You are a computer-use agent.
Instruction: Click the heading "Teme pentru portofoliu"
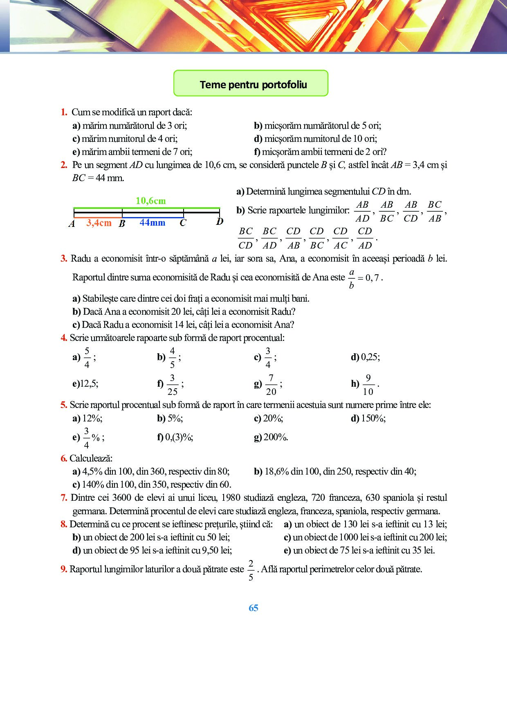click(253, 85)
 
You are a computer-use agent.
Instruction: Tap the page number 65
click(253, 608)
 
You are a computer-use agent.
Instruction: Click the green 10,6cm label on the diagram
click(150, 201)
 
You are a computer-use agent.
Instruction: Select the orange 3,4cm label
click(99, 223)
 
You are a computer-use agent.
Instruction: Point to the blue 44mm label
click(152, 223)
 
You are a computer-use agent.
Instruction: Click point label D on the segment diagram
click(220, 222)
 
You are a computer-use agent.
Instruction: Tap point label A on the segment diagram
click(72, 224)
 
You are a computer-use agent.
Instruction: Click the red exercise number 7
click(63, 497)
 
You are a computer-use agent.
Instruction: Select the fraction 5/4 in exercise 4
click(87, 358)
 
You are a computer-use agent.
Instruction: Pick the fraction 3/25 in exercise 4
click(172, 385)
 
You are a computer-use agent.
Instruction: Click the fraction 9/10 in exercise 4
click(368, 385)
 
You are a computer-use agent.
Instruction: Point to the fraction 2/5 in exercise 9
click(251, 570)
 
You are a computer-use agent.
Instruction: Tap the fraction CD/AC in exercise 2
click(340, 238)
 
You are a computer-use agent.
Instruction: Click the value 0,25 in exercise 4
click(370, 357)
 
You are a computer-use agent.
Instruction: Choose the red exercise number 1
click(64, 112)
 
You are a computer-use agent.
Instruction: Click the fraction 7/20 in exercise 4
click(271, 385)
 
